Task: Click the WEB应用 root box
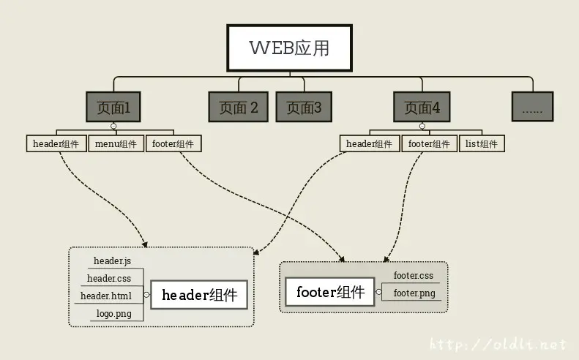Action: coord(289,48)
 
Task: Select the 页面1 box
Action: coord(113,108)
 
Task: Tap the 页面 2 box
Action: coord(239,108)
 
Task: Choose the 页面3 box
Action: coord(304,108)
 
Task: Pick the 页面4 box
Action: coord(422,108)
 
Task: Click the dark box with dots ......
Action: coord(532,108)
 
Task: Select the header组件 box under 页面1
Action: coord(56,143)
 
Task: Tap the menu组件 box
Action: coord(116,143)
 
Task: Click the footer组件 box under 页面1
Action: coord(174,143)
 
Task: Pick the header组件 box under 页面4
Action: coord(370,143)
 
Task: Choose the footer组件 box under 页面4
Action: coord(429,143)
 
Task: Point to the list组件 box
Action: coord(482,143)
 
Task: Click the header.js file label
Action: coord(112,260)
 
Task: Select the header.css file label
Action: coord(109,278)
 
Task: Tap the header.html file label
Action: coord(107,296)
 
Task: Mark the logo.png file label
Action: coord(113,314)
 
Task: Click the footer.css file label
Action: coord(414,276)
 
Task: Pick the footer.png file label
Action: coord(414,293)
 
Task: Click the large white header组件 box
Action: coord(199,296)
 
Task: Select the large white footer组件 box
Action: coord(330,293)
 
